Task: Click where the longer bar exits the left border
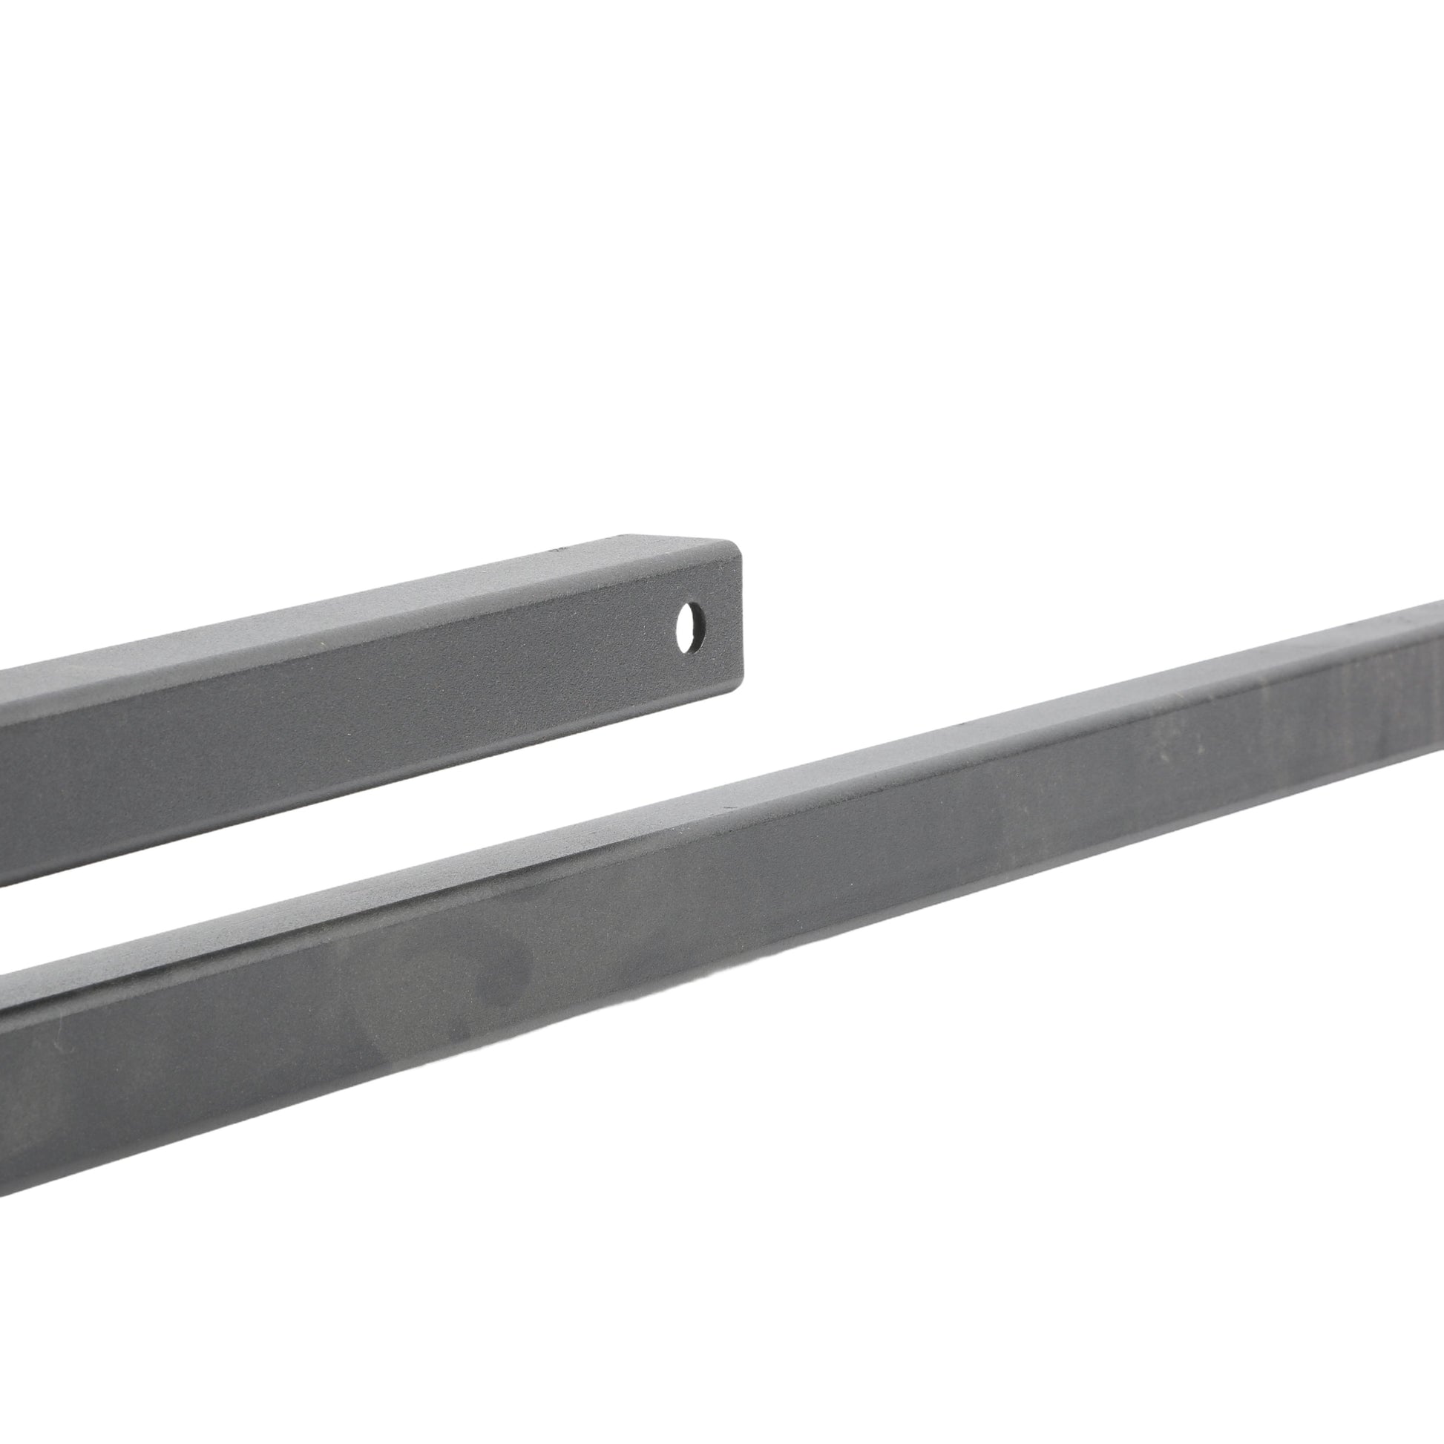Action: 4,1084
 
